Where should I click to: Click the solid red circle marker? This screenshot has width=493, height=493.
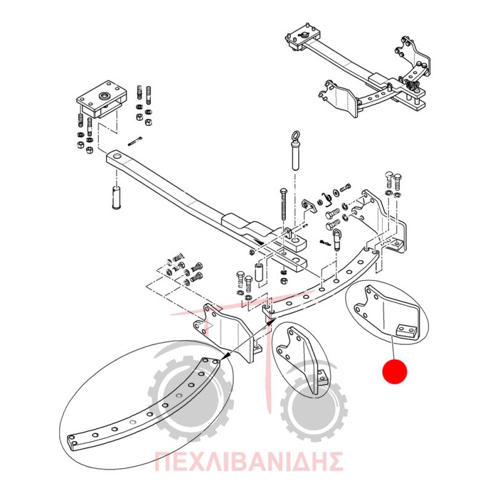point(394,372)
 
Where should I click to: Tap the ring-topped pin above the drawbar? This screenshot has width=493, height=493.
point(295,150)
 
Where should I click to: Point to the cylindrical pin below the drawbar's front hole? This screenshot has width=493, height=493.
point(116,197)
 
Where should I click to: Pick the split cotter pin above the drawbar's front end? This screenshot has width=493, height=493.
point(136,141)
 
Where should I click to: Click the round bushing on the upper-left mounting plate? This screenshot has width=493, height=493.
point(104,95)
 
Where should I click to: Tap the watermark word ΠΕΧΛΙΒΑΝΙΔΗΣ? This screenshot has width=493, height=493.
point(249,461)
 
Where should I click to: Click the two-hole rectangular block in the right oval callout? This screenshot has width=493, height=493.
point(407,331)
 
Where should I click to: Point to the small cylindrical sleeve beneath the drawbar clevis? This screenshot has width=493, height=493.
point(259,272)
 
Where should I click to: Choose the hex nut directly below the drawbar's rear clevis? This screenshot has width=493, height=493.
point(283,280)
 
